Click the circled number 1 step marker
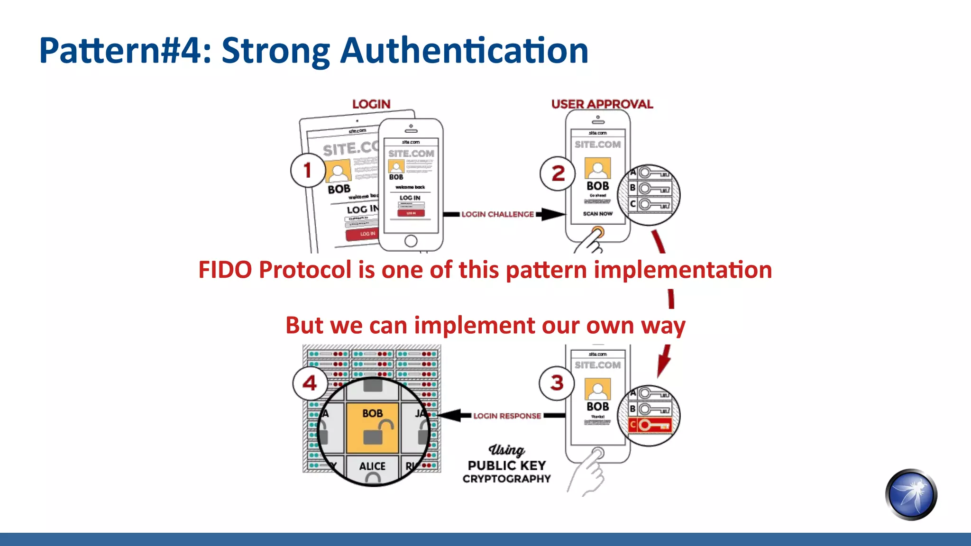click(x=308, y=170)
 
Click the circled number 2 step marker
click(x=558, y=173)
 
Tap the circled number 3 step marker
click(x=557, y=383)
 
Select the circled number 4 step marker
click(x=310, y=383)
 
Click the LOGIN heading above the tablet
click(x=371, y=104)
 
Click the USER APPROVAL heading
click(x=602, y=104)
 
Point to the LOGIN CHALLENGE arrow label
click(x=497, y=214)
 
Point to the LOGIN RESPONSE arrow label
click(x=507, y=416)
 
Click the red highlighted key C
click(x=650, y=425)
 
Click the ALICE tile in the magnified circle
click(x=372, y=467)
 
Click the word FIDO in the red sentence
click(x=225, y=270)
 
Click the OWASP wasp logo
click(x=911, y=494)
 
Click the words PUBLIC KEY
click(x=507, y=465)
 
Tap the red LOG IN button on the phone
click(x=411, y=213)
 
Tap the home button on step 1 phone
click(x=411, y=241)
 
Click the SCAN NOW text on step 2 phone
click(x=597, y=214)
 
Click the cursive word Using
click(x=506, y=449)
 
